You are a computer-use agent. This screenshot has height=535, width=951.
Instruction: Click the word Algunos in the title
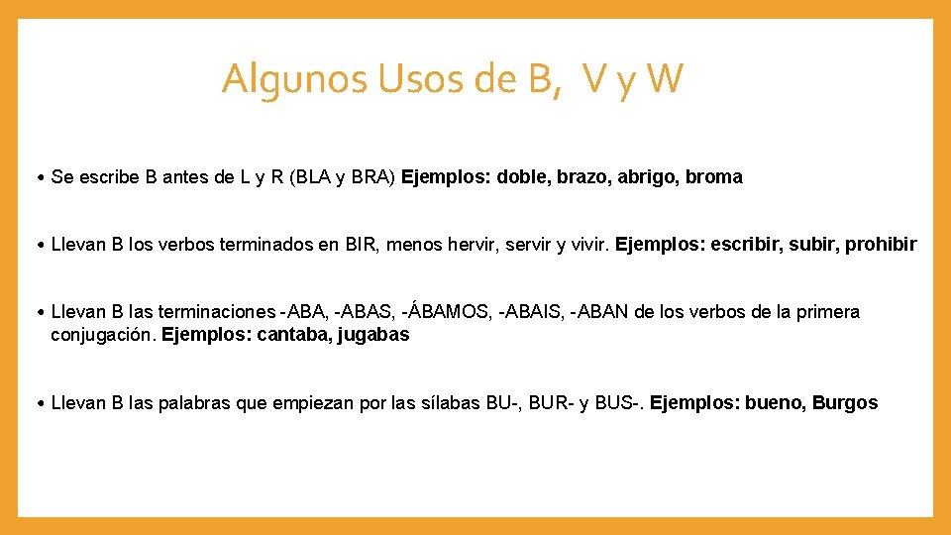[x=294, y=78]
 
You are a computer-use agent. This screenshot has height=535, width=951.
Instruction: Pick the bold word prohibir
[x=881, y=245]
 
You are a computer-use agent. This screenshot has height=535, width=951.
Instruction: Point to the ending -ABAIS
[x=534, y=312]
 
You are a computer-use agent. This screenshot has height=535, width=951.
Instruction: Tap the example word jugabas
[x=373, y=335]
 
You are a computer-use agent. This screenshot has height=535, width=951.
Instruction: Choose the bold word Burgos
[x=845, y=403]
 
